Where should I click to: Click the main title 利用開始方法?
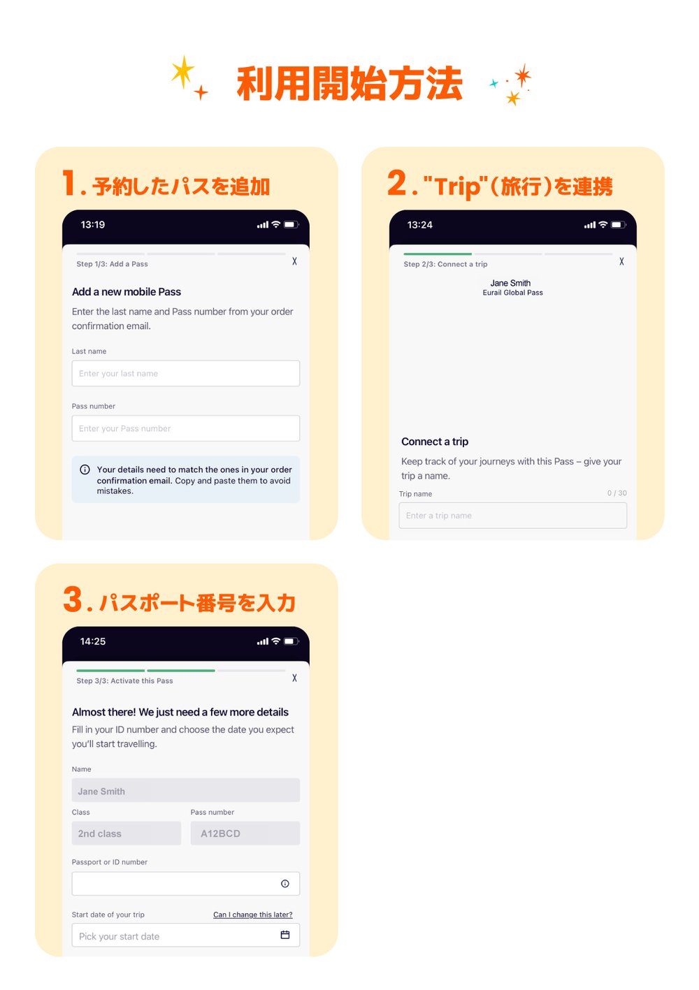[x=349, y=84]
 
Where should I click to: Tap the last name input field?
[x=185, y=373]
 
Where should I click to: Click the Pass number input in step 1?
[x=185, y=428]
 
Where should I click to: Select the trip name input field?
[x=512, y=516]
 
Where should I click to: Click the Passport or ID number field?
[x=175, y=884]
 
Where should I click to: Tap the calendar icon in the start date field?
[x=285, y=935]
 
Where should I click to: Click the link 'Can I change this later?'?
[x=253, y=915]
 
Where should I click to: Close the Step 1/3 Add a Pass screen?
[x=294, y=261]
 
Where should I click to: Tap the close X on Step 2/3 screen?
[x=621, y=261]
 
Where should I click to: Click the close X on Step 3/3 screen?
[x=294, y=678]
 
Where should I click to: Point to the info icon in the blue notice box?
[x=85, y=469]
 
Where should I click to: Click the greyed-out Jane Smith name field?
[x=185, y=791]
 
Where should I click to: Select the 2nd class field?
[x=126, y=834]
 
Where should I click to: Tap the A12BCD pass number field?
[x=245, y=834]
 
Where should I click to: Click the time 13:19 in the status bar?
[x=93, y=225]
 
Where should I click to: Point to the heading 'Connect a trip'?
[x=435, y=442]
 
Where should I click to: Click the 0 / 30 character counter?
[x=617, y=493]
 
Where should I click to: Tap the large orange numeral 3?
[x=73, y=599]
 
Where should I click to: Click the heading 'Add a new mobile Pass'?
[x=127, y=292]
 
